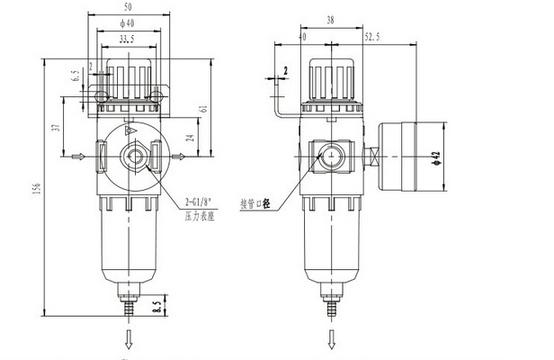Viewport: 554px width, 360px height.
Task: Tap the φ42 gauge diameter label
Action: (435, 157)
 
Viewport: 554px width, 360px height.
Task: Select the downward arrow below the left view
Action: (128, 340)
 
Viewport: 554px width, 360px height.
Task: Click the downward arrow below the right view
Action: (329, 340)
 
